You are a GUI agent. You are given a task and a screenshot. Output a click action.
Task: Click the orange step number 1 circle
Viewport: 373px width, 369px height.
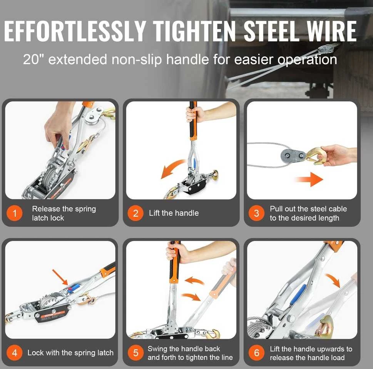(15, 213)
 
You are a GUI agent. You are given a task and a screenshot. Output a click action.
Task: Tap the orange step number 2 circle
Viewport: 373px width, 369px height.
(135, 213)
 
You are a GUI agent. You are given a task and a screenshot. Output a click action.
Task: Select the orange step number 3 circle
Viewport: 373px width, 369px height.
(256, 213)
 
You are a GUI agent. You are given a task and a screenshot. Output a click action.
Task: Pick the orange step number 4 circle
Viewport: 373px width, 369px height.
(15, 353)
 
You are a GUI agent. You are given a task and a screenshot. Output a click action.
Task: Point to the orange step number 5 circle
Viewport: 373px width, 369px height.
(135, 353)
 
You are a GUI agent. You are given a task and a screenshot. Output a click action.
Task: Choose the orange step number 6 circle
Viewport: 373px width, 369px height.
(256, 353)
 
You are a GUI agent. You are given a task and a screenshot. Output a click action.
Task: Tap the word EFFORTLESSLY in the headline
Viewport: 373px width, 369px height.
(74, 31)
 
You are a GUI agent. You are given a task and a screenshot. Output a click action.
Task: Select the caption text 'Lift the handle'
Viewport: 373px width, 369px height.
(174, 213)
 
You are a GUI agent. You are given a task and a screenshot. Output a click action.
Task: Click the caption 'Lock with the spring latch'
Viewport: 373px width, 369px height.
(70, 353)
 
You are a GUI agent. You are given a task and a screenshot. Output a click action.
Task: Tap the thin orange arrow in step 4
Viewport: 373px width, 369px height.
(60, 277)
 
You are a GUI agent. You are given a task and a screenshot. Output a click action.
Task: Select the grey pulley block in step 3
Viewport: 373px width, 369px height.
(293, 156)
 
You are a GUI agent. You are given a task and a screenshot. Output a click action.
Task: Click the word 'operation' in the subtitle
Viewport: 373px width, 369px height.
(307, 60)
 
